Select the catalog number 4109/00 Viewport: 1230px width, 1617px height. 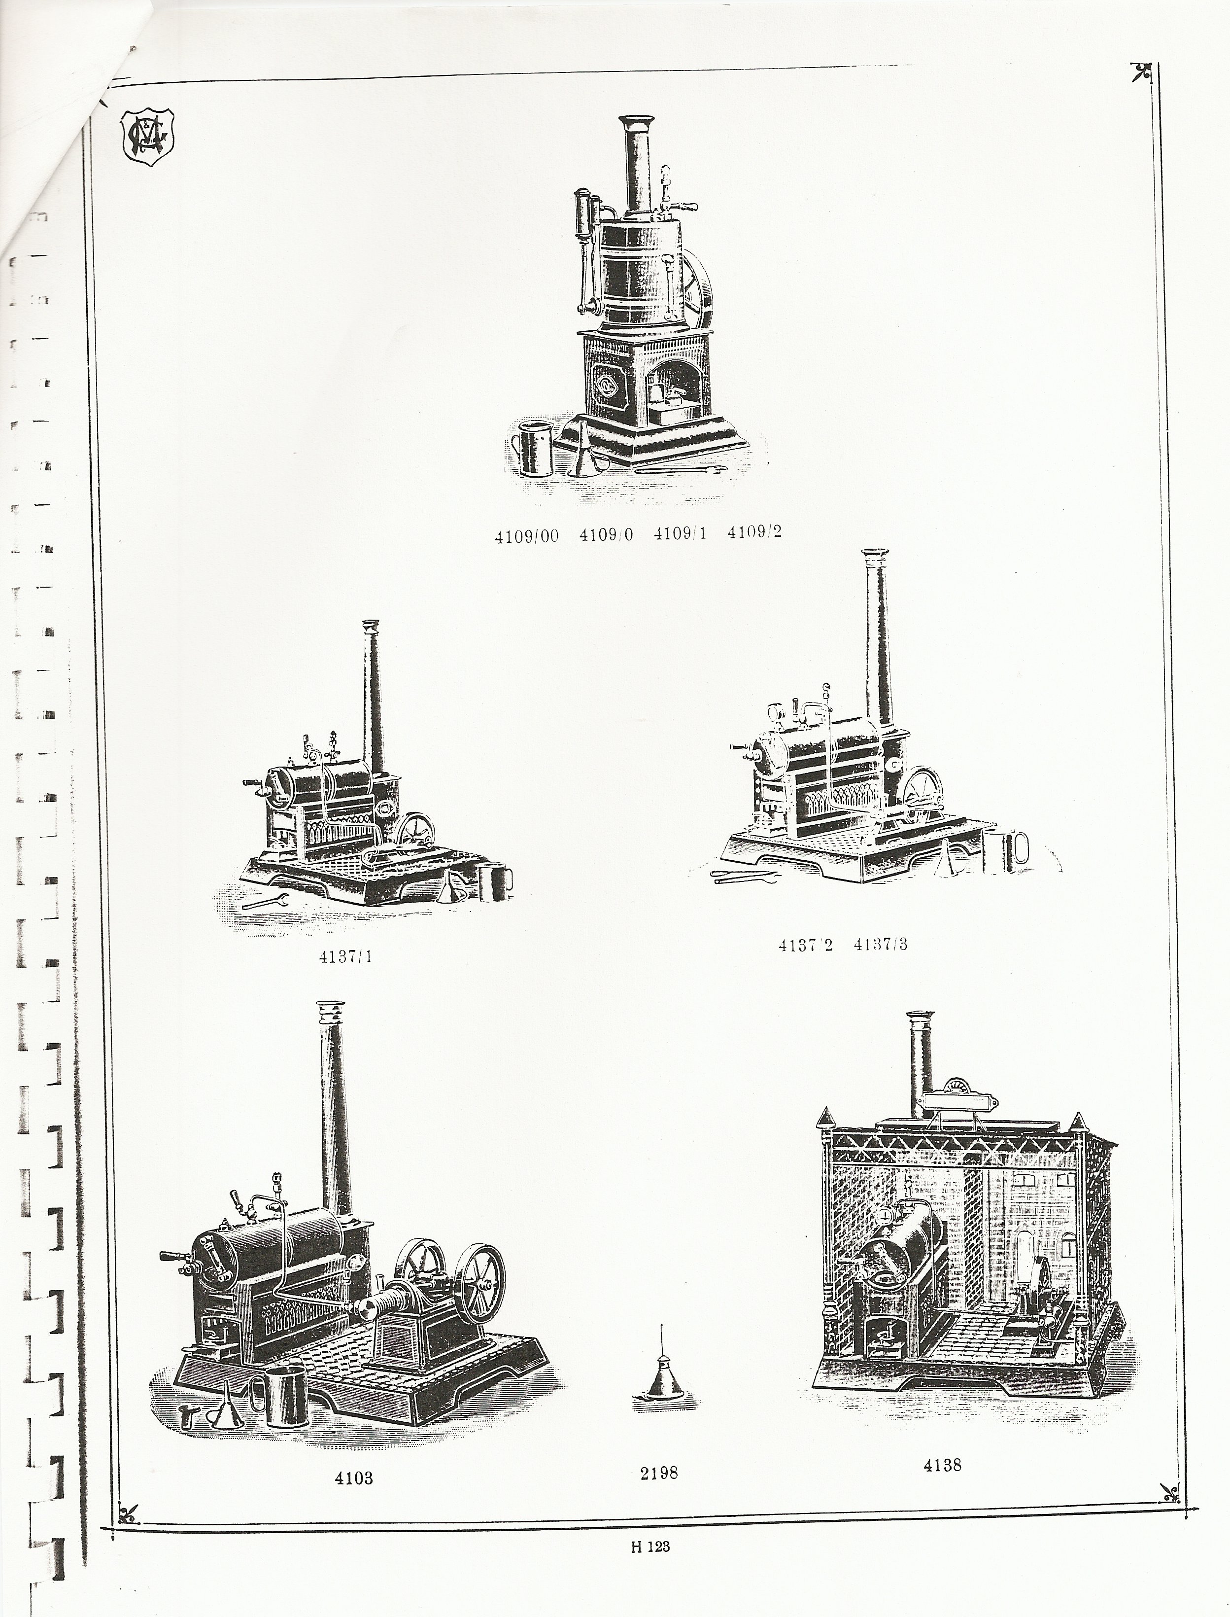point(526,535)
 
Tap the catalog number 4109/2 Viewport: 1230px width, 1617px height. point(754,532)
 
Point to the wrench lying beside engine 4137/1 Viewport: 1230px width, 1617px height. point(265,902)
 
